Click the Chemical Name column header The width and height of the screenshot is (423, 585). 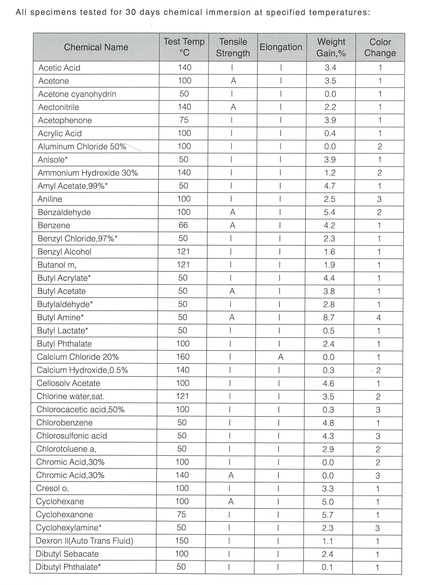[x=96, y=47]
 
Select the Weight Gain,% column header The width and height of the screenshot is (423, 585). [x=331, y=47]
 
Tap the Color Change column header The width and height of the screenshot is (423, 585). [x=380, y=47]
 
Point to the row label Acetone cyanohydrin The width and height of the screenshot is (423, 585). [x=77, y=94]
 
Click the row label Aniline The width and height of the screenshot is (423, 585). [x=50, y=199]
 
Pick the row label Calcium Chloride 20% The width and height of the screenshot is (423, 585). [x=78, y=357]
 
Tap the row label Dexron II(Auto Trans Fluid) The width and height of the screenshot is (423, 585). [x=84, y=541]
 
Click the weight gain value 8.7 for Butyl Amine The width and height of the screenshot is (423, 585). [x=329, y=317]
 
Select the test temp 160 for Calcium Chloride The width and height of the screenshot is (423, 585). [x=183, y=357]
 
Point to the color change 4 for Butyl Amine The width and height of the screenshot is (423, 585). [x=379, y=317]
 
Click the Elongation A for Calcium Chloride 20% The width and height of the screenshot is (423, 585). [x=280, y=357]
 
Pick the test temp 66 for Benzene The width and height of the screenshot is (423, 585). [x=183, y=225]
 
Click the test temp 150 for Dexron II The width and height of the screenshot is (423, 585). [x=182, y=540]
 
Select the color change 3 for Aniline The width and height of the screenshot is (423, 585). [x=379, y=199]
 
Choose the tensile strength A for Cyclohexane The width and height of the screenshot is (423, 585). [x=231, y=501]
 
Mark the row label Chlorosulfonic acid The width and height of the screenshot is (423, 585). [x=71, y=436]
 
